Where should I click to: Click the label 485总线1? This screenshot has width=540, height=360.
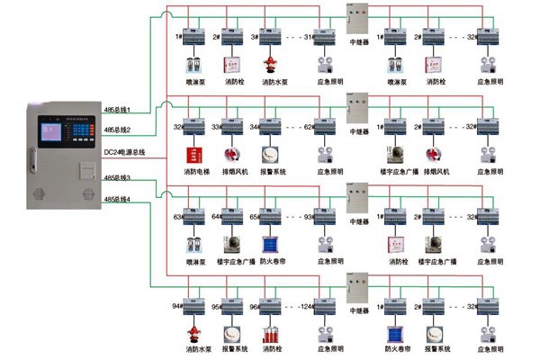click(x=118, y=110)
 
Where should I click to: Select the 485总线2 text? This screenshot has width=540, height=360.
click(x=118, y=130)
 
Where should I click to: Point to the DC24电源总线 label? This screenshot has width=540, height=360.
click(x=124, y=153)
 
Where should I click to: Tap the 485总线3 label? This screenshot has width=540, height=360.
click(x=118, y=178)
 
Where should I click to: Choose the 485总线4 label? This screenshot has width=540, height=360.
click(x=118, y=198)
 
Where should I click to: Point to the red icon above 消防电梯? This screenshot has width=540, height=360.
click(x=192, y=153)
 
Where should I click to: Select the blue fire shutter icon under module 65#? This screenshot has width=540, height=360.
click(x=268, y=244)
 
